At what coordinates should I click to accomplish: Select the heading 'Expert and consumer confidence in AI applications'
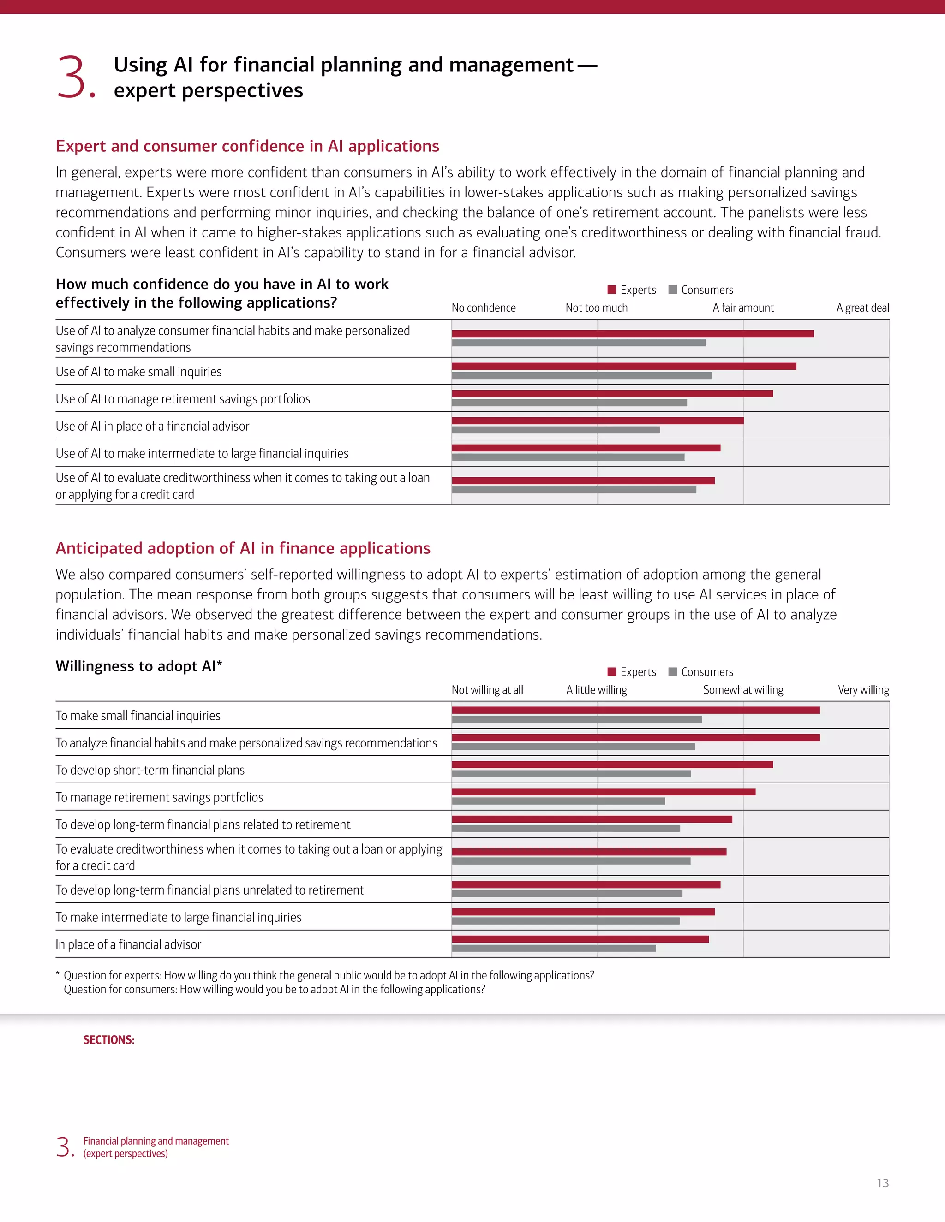(247, 146)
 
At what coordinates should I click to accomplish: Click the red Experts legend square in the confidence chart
(612, 289)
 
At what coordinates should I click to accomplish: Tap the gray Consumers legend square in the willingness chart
(673, 671)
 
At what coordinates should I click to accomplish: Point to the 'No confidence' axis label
(483, 308)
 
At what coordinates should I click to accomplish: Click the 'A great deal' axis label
(862, 308)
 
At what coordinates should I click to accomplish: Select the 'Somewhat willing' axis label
(743, 690)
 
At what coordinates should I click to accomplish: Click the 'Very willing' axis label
(863, 690)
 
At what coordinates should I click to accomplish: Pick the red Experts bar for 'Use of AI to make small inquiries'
(624, 367)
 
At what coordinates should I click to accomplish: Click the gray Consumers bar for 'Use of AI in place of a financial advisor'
(556, 430)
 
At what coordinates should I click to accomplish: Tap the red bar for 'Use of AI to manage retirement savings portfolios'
(612, 394)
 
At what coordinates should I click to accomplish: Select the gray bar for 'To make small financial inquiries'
(577, 719)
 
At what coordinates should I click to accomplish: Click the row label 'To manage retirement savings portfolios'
(159, 797)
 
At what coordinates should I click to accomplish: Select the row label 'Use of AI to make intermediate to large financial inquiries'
(202, 453)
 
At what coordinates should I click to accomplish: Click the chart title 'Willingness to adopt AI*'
(139, 666)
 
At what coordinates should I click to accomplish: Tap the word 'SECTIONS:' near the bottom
(108, 1039)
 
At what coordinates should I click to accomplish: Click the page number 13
(882, 1183)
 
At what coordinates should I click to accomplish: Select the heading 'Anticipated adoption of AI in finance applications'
(242, 548)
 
